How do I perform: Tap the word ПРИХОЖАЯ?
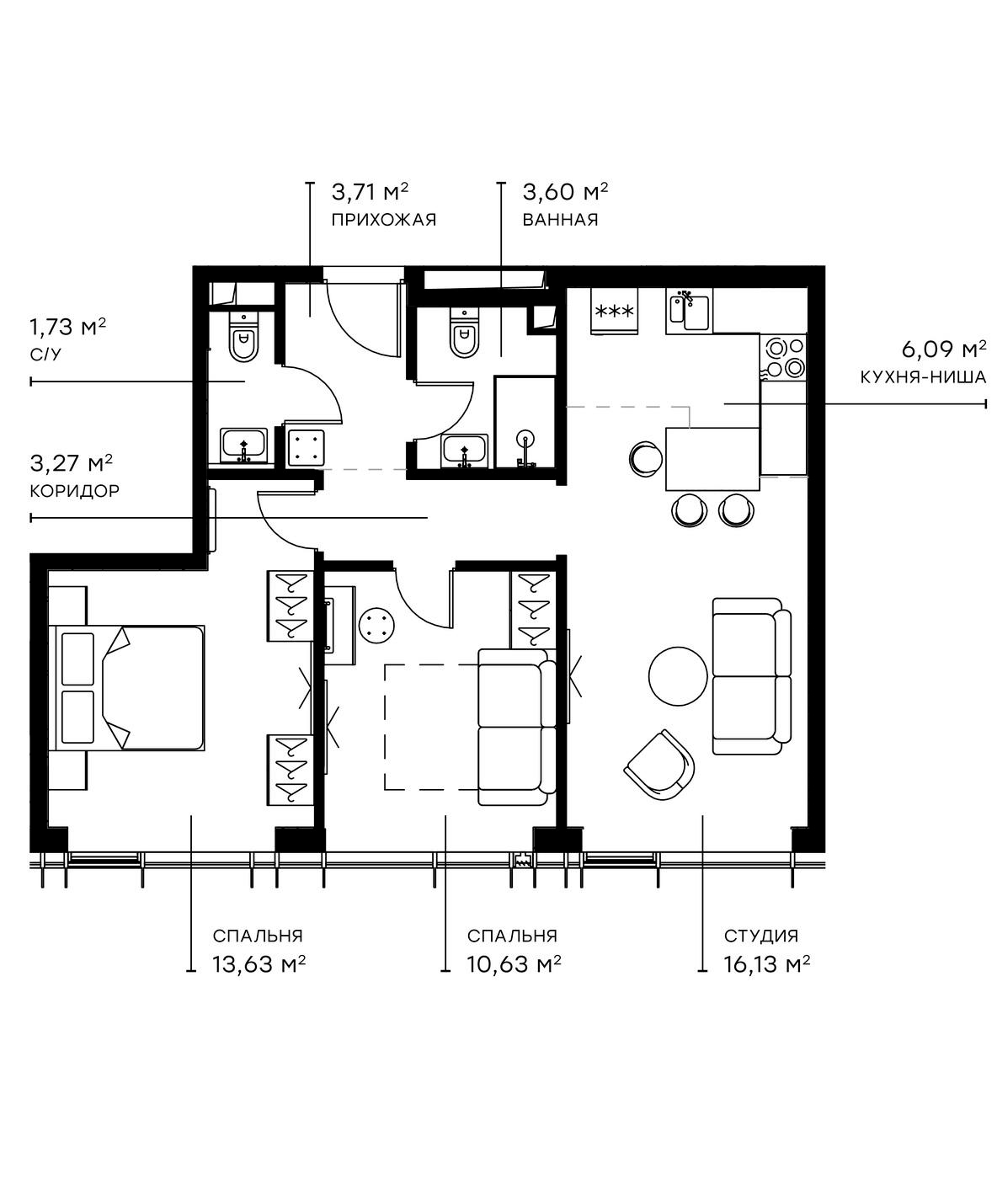pos(383,221)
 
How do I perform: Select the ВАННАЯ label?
pos(560,221)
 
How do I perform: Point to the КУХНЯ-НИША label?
pos(923,377)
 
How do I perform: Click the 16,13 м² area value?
pos(766,964)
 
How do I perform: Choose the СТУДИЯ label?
pos(760,936)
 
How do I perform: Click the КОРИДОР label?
pos(74,491)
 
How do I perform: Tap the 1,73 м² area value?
pos(68,326)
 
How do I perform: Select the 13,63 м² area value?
pos(258,964)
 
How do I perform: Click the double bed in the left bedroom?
pos(131,687)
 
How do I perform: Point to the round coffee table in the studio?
pos(678,676)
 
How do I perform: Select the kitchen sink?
pos(689,311)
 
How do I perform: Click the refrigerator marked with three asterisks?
pos(614,312)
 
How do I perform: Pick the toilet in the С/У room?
pos(243,338)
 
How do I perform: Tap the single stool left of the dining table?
pos(646,458)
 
